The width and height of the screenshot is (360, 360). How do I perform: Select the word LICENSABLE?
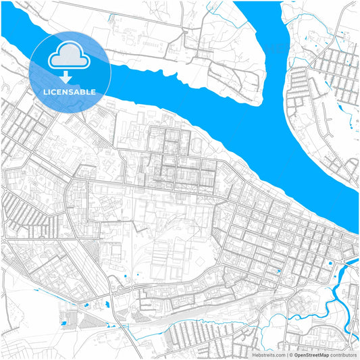[x=70, y=91]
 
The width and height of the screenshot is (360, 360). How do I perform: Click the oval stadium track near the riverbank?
[x=196, y=145]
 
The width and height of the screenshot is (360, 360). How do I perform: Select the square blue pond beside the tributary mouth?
[x=330, y=263]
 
